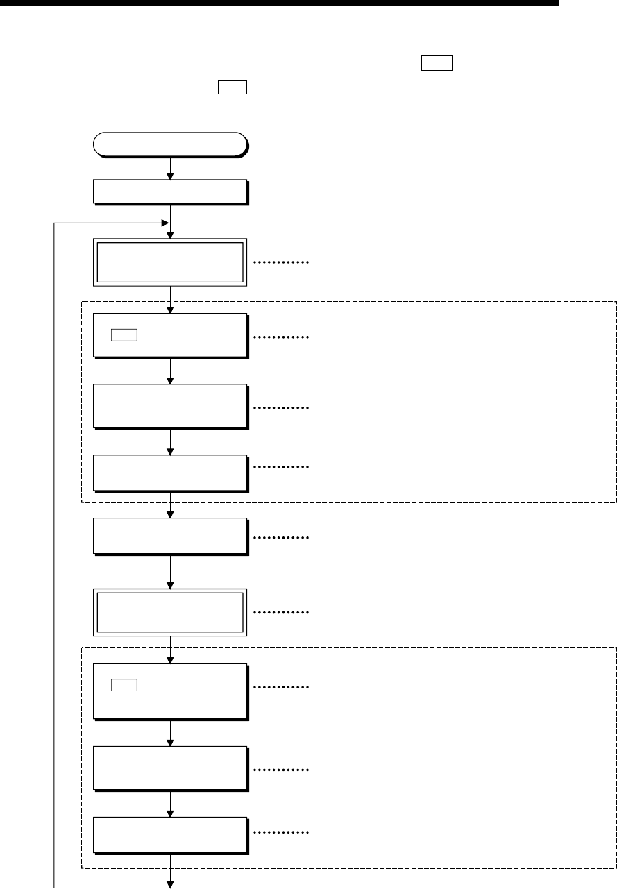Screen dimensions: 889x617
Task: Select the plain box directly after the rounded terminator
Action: click(170, 192)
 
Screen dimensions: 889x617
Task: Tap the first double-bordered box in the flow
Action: click(170, 262)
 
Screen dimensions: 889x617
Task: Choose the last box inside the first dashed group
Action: click(170, 473)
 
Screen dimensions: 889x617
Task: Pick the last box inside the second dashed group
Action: click(170, 833)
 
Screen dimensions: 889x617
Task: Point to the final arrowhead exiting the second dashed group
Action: click(170, 883)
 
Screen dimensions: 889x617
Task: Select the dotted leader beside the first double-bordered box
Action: click(280, 263)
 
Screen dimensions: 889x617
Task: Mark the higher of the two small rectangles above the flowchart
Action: click(436, 65)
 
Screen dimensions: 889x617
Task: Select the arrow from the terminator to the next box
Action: click(170, 168)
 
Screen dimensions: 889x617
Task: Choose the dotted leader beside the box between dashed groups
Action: click(280, 538)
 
